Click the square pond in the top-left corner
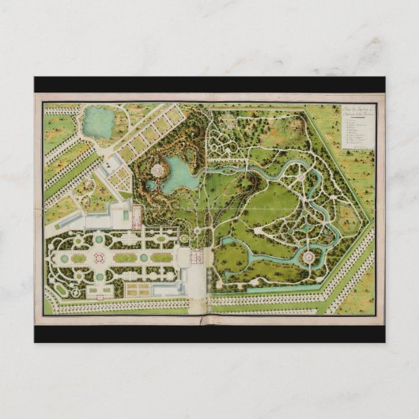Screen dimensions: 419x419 (x=99, y=122)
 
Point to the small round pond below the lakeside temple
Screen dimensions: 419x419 (x=150, y=187)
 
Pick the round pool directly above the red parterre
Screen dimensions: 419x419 (x=99, y=239)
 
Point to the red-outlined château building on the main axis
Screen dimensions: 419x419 (x=198, y=257)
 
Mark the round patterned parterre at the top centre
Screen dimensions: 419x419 (x=228, y=121)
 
